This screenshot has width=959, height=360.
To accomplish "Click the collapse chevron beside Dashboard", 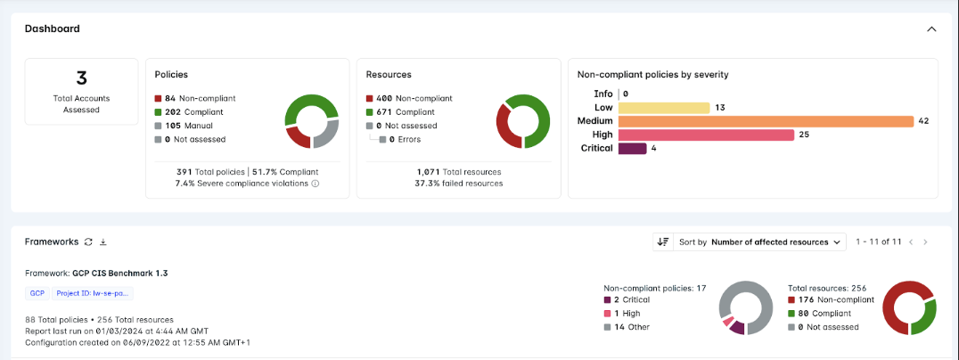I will [931, 29].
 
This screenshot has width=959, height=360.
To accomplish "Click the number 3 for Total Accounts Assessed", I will [81, 78].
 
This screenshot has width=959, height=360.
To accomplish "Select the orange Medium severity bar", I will [766, 121].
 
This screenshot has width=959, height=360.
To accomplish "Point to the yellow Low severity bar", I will [663, 108].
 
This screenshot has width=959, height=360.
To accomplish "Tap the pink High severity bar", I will [705, 135].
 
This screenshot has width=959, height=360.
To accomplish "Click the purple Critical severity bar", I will [632, 148].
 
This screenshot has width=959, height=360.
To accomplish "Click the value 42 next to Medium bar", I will [923, 121].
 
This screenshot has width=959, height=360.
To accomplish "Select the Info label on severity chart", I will [603, 94].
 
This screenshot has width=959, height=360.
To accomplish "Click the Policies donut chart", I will [312, 121].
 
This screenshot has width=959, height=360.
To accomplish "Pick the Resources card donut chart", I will [523, 121].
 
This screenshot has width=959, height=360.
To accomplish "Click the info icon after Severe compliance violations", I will [316, 184].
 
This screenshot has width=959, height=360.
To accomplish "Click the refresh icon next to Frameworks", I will [88, 241].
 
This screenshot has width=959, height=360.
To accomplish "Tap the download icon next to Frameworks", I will [102, 241].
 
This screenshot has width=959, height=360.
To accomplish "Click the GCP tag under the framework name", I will [37, 293].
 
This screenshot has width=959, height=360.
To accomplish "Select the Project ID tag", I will [93, 293].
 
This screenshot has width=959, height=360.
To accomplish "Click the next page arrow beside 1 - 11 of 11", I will [925, 241].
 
